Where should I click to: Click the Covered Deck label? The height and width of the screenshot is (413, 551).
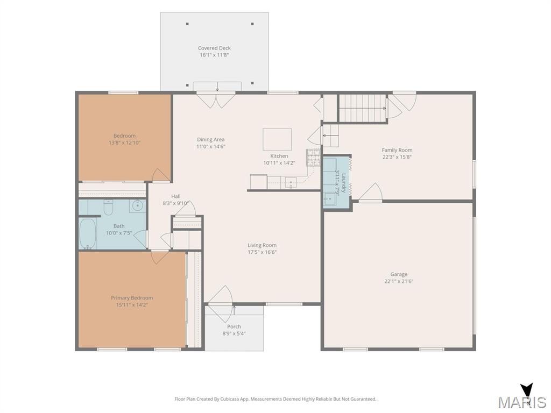pos(214,48)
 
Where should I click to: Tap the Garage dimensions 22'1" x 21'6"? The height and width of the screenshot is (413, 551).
pos(399,281)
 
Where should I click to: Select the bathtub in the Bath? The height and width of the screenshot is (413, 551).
pos(88,234)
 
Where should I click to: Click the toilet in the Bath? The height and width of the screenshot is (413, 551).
pos(108,207)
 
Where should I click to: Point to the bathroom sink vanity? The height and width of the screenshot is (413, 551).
pos(137,206)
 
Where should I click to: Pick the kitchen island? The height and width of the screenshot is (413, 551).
pos(277,139)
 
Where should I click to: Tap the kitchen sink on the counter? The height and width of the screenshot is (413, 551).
pos(291,183)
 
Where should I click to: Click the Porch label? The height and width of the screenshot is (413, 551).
pos(234,326)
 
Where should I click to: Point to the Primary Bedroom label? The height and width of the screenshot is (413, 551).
pos(132,298)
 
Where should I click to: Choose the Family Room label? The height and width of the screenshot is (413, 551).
pos(397,150)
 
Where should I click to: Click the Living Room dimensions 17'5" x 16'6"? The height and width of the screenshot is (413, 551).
pos(262,252)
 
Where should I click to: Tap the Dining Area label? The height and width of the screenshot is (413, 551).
pos(211,139)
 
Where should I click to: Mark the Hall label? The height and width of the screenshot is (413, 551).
pos(176,196)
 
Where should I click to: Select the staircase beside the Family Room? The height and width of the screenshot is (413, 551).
pos(363,108)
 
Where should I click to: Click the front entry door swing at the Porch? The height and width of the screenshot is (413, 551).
pos(220,303)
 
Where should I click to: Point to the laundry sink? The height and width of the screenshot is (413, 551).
pos(330,199)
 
